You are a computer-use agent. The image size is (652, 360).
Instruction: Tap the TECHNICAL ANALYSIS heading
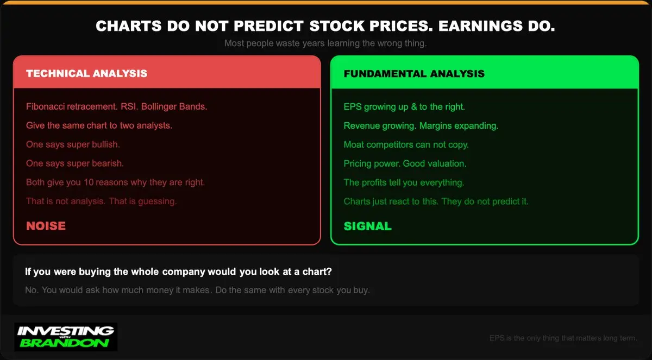point(87,73)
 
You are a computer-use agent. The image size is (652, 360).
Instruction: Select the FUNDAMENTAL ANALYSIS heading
point(414,73)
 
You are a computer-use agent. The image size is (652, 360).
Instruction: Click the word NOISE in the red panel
point(46,226)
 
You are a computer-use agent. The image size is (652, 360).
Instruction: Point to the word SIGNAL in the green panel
point(368,226)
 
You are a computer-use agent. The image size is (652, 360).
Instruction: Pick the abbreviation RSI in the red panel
point(129,106)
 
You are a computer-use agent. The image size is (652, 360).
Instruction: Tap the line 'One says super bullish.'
point(73,144)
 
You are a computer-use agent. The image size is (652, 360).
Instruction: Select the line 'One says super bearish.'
point(75,163)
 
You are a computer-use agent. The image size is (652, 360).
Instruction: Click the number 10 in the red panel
point(89,182)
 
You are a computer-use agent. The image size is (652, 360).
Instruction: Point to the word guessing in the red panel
point(157,201)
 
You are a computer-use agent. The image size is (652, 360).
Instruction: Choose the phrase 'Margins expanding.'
point(459,125)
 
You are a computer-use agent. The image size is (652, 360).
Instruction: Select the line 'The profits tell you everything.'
point(404,182)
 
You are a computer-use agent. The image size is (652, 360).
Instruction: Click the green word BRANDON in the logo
point(64,343)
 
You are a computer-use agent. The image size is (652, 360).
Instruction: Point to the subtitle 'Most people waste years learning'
point(292,43)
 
